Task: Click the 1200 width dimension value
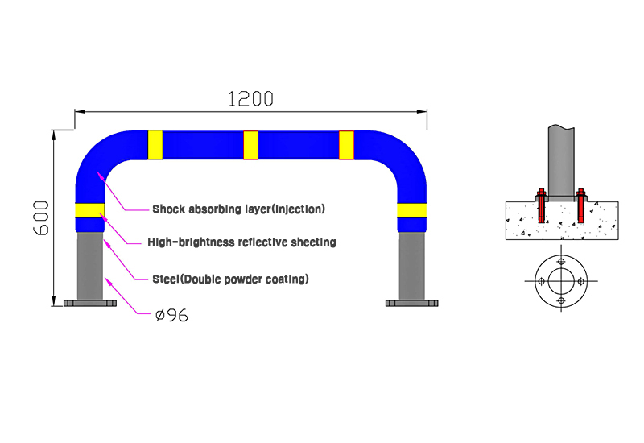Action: (x=250, y=99)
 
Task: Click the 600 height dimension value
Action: (x=41, y=217)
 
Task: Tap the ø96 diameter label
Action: (x=171, y=315)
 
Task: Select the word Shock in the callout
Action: (x=167, y=209)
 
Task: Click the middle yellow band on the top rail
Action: (x=250, y=145)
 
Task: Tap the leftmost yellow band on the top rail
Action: (x=155, y=145)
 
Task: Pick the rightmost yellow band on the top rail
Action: (x=346, y=145)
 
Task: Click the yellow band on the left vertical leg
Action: (x=90, y=210)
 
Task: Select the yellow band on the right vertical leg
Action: (x=411, y=210)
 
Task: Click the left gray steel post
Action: (x=90, y=266)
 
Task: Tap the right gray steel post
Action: (x=411, y=266)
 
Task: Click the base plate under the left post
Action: (x=90, y=304)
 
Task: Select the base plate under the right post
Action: (x=411, y=304)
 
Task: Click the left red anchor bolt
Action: (x=541, y=206)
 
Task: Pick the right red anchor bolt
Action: (x=580, y=206)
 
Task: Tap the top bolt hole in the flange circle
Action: (x=561, y=261)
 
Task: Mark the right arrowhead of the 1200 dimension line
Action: (x=422, y=111)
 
